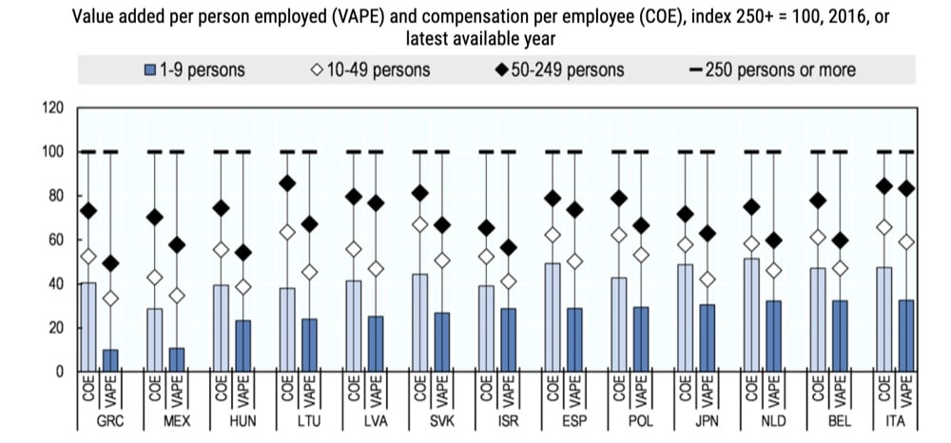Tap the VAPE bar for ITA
click(x=906, y=336)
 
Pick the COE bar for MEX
click(x=154, y=339)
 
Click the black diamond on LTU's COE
click(x=286, y=183)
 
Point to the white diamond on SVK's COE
click(x=418, y=224)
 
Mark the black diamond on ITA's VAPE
click(x=906, y=189)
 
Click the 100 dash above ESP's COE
click(x=552, y=152)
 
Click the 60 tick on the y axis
click(x=54, y=241)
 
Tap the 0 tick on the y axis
click(x=58, y=372)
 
